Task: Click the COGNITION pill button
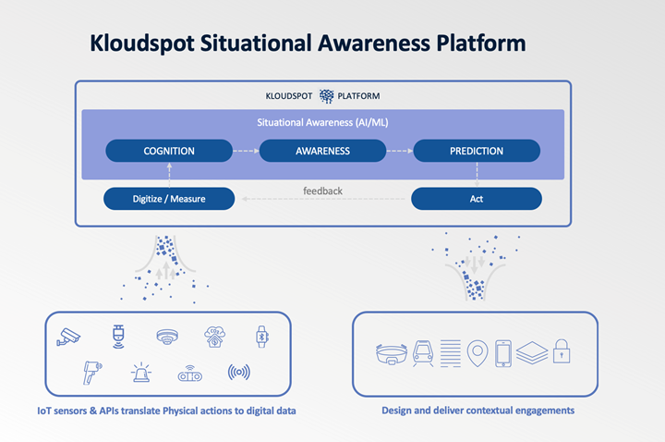click(x=169, y=151)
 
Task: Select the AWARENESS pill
click(x=322, y=151)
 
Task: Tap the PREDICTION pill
click(x=477, y=151)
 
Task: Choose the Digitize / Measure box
click(x=169, y=199)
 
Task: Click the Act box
click(x=477, y=199)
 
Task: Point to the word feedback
click(x=322, y=191)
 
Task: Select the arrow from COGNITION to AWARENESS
click(x=246, y=151)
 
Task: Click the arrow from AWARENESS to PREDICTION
click(x=400, y=151)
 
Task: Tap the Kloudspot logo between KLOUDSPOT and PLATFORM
click(x=326, y=96)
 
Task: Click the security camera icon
click(x=68, y=338)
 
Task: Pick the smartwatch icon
click(x=261, y=338)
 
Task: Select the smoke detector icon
click(x=167, y=338)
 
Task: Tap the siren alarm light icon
click(x=141, y=373)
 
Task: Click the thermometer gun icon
click(x=92, y=373)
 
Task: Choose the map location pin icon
click(x=478, y=353)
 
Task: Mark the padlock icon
click(x=562, y=350)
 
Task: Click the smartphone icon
click(x=503, y=353)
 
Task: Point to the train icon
click(x=423, y=353)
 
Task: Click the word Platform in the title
click(x=481, y=43)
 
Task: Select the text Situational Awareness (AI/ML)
click(x=322, y=123)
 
